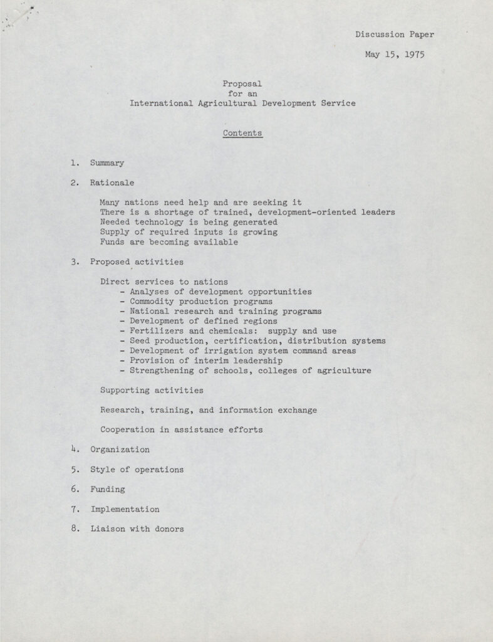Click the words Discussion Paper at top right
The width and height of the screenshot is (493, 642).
coord(394,34)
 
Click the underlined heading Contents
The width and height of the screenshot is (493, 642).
coord(242,133)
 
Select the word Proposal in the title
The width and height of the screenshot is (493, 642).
coord(242,83)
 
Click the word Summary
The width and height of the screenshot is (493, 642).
coord(106,163)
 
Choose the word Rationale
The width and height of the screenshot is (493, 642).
coord(112,183)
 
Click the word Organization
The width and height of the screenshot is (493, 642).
coord(120,450)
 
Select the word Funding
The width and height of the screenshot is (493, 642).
coord(107,489)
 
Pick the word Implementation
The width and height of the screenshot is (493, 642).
coord(125,509)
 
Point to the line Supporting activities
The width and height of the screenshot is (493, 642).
coord(152,390)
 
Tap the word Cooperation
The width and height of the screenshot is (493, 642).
coord(127,429)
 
